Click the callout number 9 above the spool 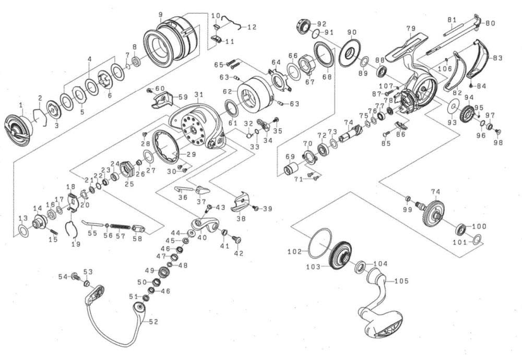pos(160,14)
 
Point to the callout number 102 pos(294,251)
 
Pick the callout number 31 pos(198,94)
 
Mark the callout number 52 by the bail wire pos(152,322)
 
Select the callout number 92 pos(321,23)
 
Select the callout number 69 pos(290,157)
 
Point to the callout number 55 pos(92,233)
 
